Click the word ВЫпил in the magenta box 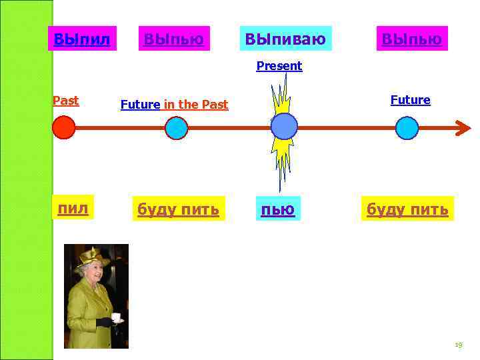tap(81, 39)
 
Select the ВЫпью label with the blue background tap(173, 39)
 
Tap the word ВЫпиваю tap(285, 39)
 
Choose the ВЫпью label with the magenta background tap(411, 39)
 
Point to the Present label tap(279, 66)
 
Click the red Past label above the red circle tap(65, 101)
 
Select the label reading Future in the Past tap(174, 105)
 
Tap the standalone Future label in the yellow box tap(410, 100)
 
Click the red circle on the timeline tap(64, 127)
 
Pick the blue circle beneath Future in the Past tap(175, 127)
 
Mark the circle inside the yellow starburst tap(284, 126)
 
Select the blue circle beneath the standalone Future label tap(407, 127)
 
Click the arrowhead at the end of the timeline tap(462, 127)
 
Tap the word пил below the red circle tap(73, 209)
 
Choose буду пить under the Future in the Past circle tap(178, 209)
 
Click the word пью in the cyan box tap(278, 209)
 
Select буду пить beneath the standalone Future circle tap(407, 209)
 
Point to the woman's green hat tap(93, 256)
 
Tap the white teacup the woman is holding tap(116, 317)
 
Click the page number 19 tap(457, 345)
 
